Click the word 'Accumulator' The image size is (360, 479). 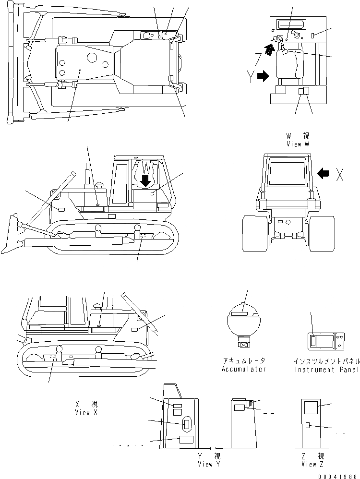(x=244, y=369)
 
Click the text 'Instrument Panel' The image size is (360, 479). (x=326, y=369)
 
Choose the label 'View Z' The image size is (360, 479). (x=312, y=464)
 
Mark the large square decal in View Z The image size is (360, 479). (x=312, y=408)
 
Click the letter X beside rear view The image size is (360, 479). (x=339, y=176)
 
